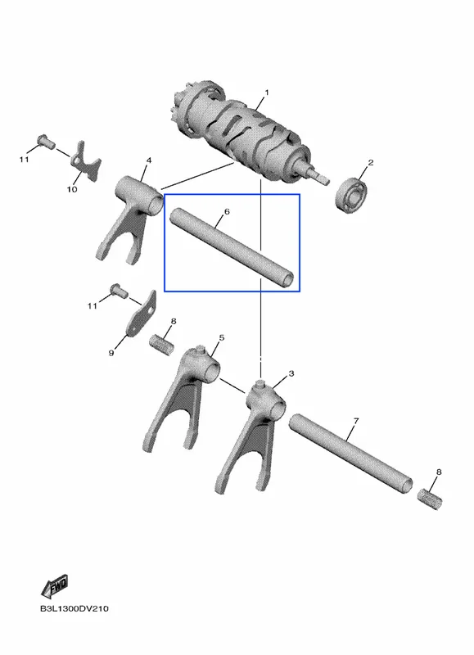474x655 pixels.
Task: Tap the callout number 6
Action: pyautogui.click(x=227, y=212)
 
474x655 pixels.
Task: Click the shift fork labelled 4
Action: pyautogui.click(x=133, y=217)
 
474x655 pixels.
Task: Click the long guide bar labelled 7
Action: pyautogui.click(x=351, y=454)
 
